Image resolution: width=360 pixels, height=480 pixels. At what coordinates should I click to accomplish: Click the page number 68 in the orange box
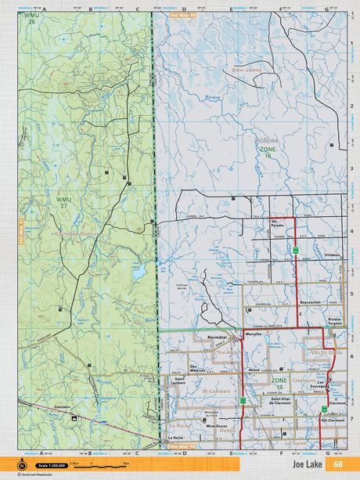coord(337,464)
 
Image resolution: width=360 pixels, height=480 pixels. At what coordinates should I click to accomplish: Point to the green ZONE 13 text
coord(279,381)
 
